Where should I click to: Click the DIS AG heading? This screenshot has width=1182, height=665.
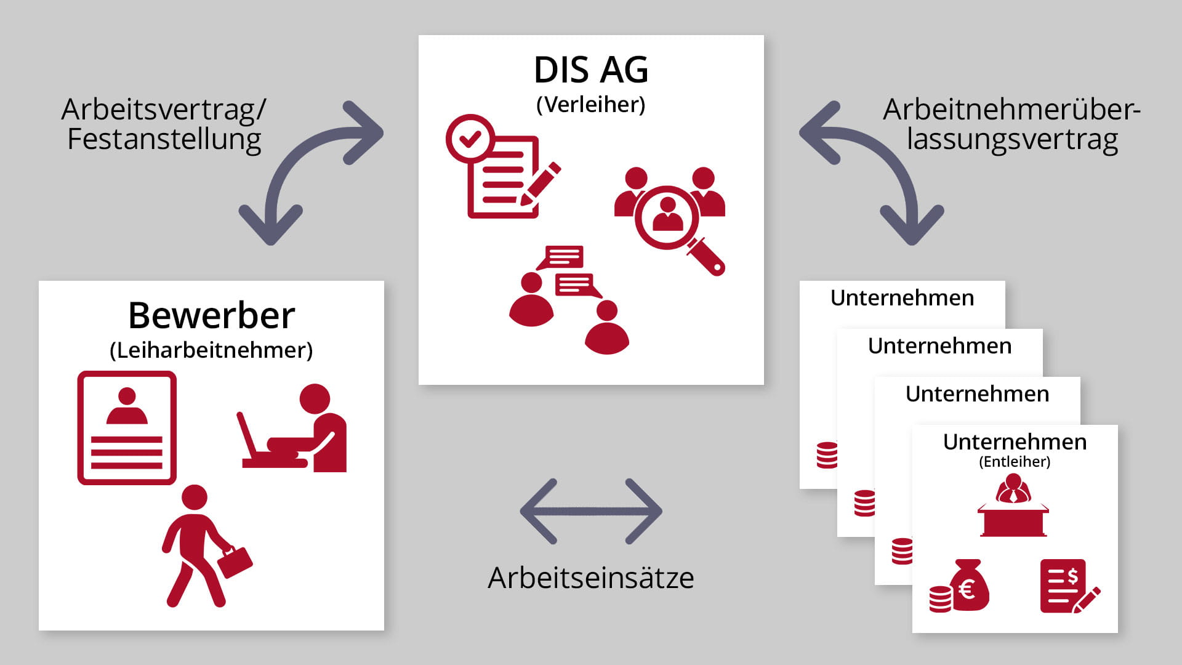click(591, 70)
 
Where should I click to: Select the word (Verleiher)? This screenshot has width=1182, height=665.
click(591, 105)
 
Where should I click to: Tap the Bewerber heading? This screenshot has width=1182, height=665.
click(211, 315)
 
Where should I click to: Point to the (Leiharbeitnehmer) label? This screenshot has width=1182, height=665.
click(211, 350)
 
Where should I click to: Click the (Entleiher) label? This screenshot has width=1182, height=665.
click(1015, 462)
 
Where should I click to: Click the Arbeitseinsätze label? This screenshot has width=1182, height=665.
click(591, 578)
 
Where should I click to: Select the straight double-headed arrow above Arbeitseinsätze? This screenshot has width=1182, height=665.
click(591, 511)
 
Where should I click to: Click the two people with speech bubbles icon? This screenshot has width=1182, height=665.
click(568, 300)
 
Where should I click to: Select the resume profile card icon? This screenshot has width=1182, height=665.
click(127, 428)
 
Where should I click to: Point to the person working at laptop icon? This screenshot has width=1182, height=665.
click(292, 429)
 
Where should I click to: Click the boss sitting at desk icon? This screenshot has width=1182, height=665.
click(1013, 506)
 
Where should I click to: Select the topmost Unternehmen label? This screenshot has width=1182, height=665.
click(902, 298)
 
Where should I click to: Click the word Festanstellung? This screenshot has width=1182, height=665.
click(164, 139)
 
